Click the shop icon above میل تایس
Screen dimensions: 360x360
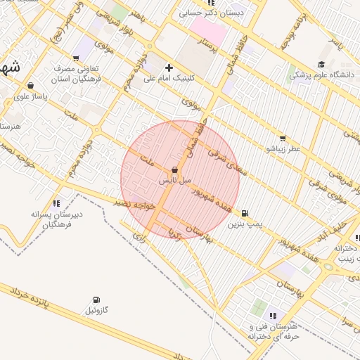[174, 170]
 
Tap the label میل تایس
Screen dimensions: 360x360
[174, 181]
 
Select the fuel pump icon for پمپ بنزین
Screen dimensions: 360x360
[244, 213]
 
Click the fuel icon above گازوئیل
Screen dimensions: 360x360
[96, 300]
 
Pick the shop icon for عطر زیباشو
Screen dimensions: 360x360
[283, 139]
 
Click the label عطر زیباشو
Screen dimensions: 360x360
[283, 149]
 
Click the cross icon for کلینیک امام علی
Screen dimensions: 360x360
[168, 68]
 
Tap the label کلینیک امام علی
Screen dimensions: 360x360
[168, 79]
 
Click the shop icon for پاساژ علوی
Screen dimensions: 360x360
[30, 86]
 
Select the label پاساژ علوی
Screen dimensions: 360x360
[31, 96]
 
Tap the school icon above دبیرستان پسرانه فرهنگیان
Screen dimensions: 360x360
[56, 203]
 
